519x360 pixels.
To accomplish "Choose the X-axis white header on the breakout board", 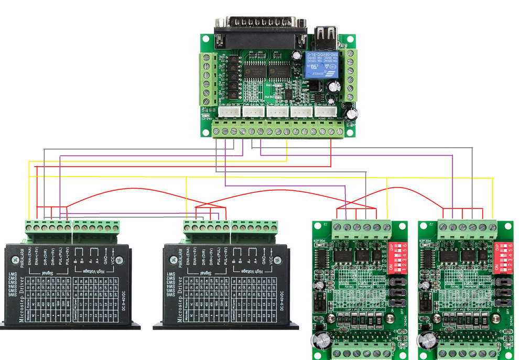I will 228,111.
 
